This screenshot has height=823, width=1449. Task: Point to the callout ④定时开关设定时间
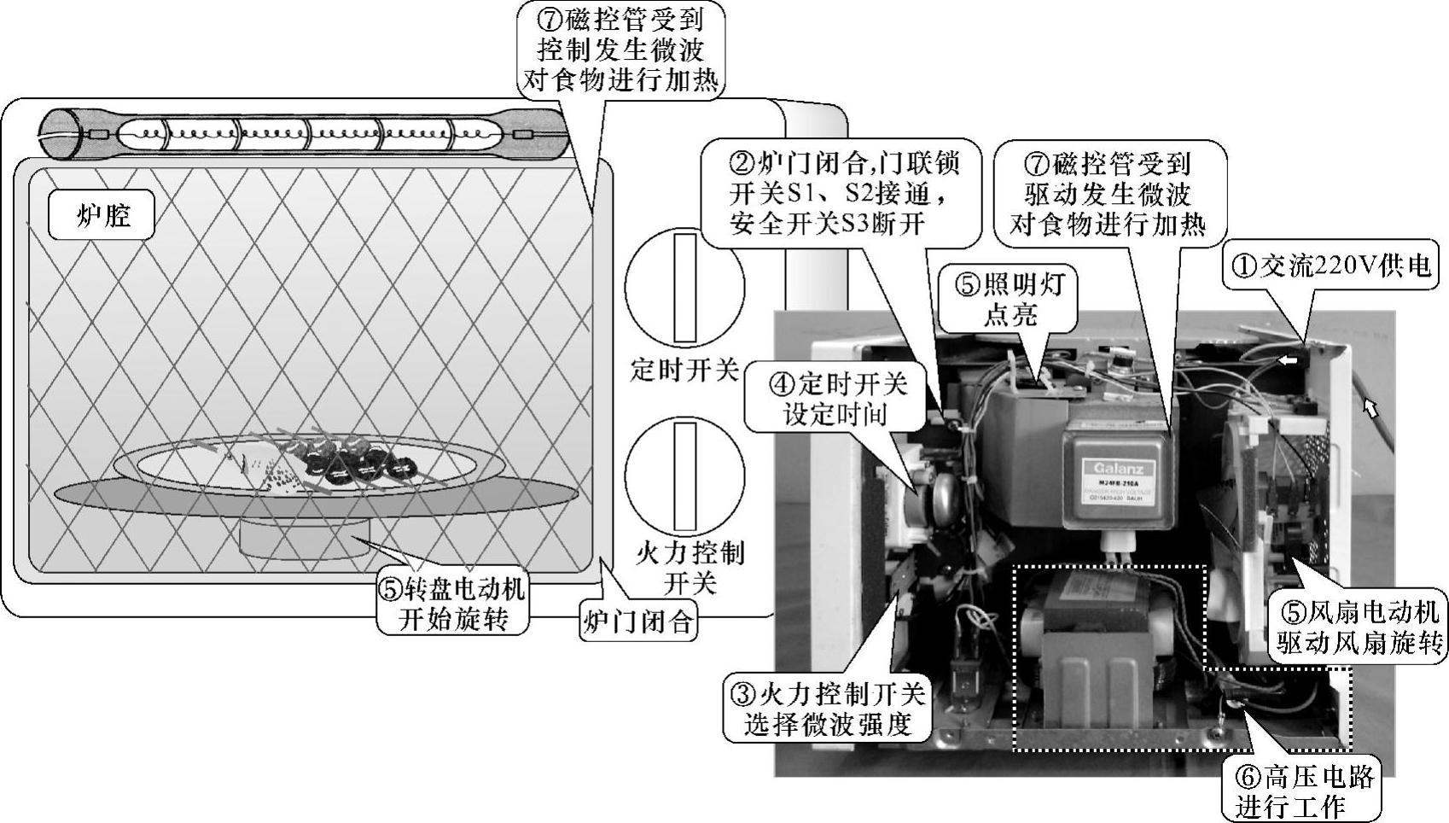(x=834, y=399)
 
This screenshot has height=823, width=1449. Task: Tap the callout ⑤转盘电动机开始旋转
(x=452, y=604)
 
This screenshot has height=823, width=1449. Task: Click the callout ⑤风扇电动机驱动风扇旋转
(x=1356, y=627)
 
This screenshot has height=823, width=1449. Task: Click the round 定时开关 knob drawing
(x=684, y=287)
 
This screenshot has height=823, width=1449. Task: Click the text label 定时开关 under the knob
(x=684, y=370)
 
